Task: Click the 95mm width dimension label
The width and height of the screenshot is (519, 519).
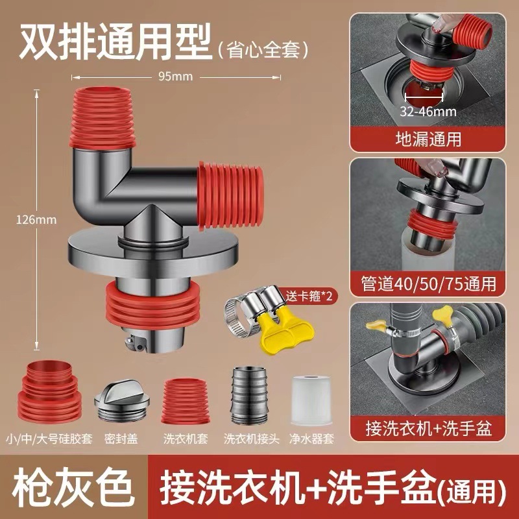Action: click(x=176, y=76)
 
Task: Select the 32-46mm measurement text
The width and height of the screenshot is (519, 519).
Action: click(x=428, y=111)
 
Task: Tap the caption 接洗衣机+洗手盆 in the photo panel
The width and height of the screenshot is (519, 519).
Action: click(x=428, y=428)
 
